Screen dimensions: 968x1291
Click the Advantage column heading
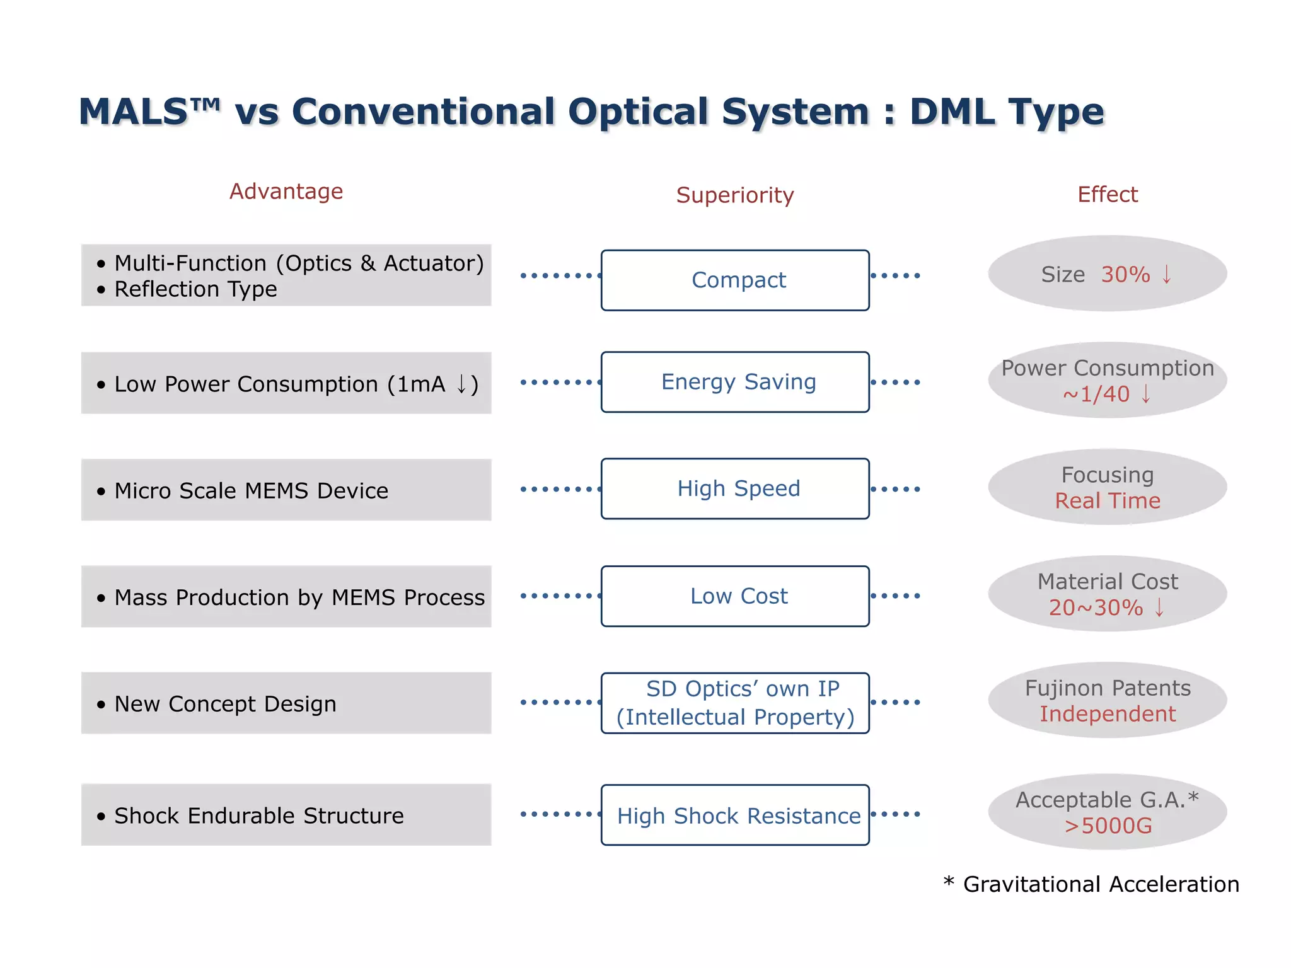286,191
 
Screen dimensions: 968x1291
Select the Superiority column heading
734,195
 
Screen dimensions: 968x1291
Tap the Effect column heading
1107,194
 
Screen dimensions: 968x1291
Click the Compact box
735,280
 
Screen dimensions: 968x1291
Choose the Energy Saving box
735,382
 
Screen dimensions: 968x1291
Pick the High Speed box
735,488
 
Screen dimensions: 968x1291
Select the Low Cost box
735,596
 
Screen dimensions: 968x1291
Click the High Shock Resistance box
735,815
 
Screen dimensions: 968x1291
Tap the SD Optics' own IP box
735,703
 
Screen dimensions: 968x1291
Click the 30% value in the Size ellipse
1125,275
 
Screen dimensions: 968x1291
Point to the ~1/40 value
1096,395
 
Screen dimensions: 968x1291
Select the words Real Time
1108,501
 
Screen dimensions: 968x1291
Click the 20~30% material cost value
1096,608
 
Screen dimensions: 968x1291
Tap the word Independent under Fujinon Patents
1108,714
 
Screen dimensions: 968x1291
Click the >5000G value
1108,826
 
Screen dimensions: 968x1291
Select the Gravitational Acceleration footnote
1101,884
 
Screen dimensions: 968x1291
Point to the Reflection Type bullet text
195,289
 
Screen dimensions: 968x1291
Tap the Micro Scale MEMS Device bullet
251,491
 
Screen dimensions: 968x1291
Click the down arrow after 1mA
461,383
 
